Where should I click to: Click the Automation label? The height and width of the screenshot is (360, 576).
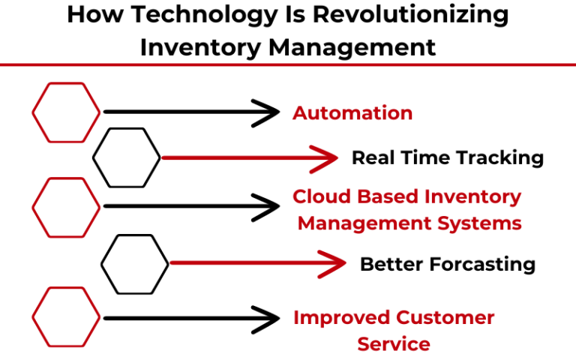click(x=352, y=113)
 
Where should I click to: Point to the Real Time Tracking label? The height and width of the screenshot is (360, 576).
click(x=447, y=157)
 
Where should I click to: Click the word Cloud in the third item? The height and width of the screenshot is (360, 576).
click(x=319, y=196)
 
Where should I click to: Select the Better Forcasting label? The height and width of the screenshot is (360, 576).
click(x=447, y=264)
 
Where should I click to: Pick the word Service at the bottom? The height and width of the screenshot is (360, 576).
click(x=394, y=344)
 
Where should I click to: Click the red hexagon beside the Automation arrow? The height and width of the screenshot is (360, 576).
click(x=66, y=112)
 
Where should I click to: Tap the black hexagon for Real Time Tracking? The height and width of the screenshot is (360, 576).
click(x=126, y=157)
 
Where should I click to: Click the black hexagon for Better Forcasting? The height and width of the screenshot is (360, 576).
click(x=135, y=263)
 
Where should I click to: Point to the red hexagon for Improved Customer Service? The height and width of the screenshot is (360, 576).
click(x=66, y=316)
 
